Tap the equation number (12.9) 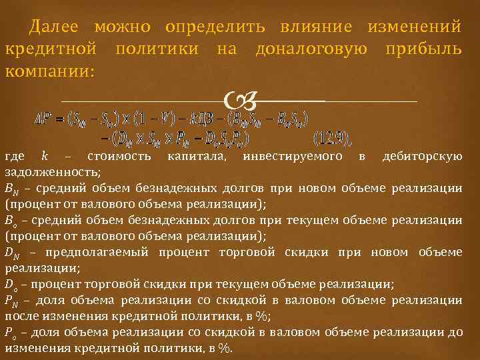[x=332, y=139]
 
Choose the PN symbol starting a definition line [x=11, y=301]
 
